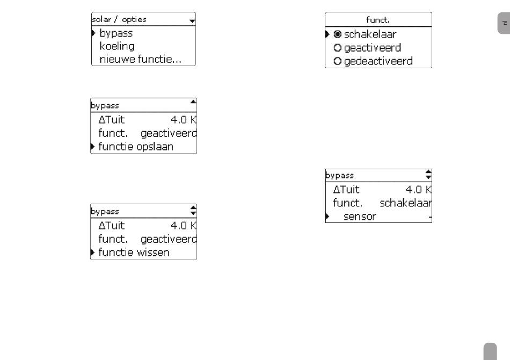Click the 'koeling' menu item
117,46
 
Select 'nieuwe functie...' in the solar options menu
141,59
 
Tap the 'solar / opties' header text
119,19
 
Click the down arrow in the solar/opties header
192,21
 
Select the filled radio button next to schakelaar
338,34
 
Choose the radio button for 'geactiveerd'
338,48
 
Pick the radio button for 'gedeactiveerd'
338,61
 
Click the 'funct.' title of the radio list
377,20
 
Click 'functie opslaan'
136,147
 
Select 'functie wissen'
134,253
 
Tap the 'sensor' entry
360,217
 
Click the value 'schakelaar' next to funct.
406,203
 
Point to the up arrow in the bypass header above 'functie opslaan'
193,102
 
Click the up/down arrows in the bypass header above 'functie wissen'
193,210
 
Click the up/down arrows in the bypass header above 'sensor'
428,175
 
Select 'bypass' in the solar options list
116,33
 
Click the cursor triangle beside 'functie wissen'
92,252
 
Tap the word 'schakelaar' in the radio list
370,34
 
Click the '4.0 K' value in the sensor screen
419,190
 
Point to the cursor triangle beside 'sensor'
327,216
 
